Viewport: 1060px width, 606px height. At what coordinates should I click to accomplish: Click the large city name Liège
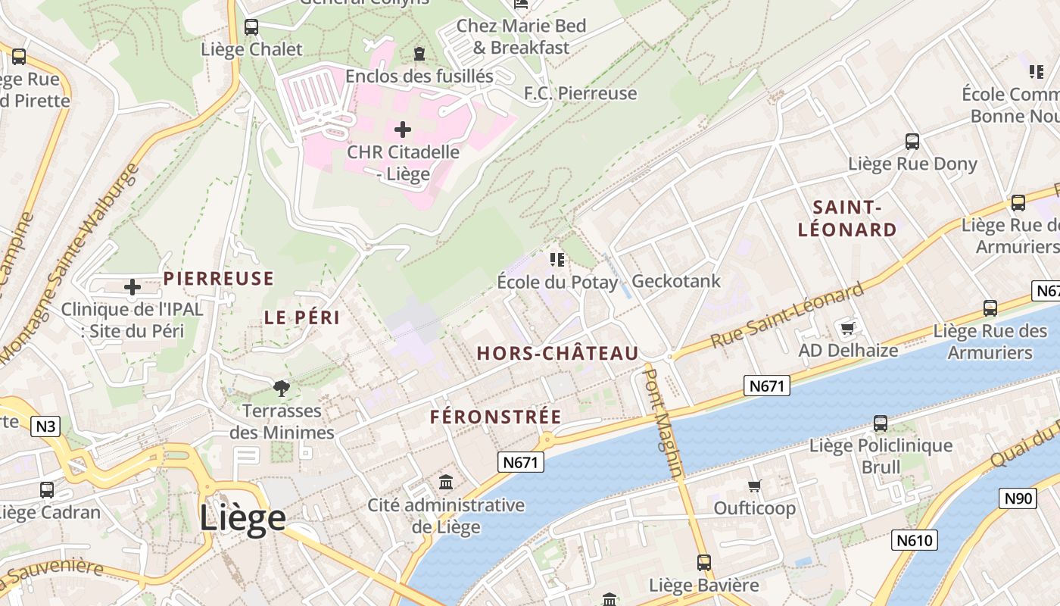click(242, 519)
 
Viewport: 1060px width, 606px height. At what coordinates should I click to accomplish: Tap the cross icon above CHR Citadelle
click(403, 130)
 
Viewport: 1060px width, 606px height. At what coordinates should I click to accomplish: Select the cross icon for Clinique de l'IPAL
click(132, 287)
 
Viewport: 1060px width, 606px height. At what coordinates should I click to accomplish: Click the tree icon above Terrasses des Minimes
click(282, 389)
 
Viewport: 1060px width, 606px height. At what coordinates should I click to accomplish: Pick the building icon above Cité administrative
click(446, 482)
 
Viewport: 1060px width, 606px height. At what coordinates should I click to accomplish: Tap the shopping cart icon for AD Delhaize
click(848, 328)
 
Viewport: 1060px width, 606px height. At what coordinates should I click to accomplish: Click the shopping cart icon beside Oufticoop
click(754, 486)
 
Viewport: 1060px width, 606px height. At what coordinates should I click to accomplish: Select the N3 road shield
click(46, 426)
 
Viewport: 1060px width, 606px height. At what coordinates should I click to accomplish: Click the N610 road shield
click(915, 540)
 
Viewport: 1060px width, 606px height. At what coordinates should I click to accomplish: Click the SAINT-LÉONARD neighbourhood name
click(847, 218)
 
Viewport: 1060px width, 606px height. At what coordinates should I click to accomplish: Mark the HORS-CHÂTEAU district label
click(557, 353)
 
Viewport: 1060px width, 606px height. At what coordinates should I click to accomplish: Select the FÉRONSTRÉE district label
click(496, 417)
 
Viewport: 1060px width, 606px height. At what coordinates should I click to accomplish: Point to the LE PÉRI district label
click(302, 317)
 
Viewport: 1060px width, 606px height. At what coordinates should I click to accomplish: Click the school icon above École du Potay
click(557, 260)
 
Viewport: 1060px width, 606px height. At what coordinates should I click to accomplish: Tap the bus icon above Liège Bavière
click(704, 563)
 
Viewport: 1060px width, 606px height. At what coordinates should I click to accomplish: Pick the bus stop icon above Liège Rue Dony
click(912, 142)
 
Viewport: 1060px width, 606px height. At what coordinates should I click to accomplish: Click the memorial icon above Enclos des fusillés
click(419, 54)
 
